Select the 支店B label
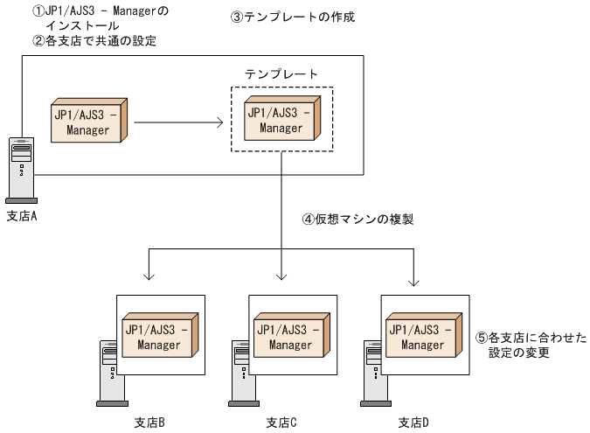pyautogui.click(x=149, y=423)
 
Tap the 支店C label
pyautogui.click(x=281, y=423)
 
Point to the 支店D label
pyautogui.click(x=413, y=423)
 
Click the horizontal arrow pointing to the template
pyautogui.click(x=178, y=122)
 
